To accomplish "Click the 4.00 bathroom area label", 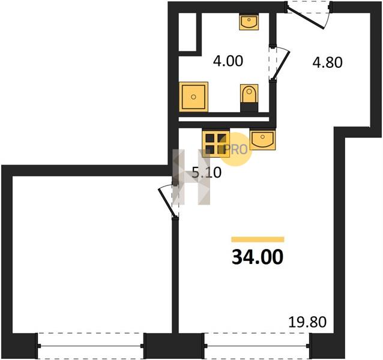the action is coord(228,61).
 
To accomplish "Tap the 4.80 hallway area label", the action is coord(328,62).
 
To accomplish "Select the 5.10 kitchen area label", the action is coord(207,173).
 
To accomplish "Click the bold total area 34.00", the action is coord(258,257).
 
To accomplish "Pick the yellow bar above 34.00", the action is coord(258,239).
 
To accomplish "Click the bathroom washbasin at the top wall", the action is coord(249,22).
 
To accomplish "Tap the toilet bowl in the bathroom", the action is coord(249,94).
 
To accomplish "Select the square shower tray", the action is coord(193,97).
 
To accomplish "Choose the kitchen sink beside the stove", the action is coord(262,139).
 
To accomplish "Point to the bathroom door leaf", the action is coord(281,65).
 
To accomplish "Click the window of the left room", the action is coord(91,346).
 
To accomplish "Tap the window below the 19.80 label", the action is coord(257,346).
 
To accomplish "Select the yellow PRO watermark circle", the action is coord(236,149).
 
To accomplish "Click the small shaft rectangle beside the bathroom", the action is coord(187,32).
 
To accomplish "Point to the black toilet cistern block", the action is coord(249,107).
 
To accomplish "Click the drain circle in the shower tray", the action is coord(193,97).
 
